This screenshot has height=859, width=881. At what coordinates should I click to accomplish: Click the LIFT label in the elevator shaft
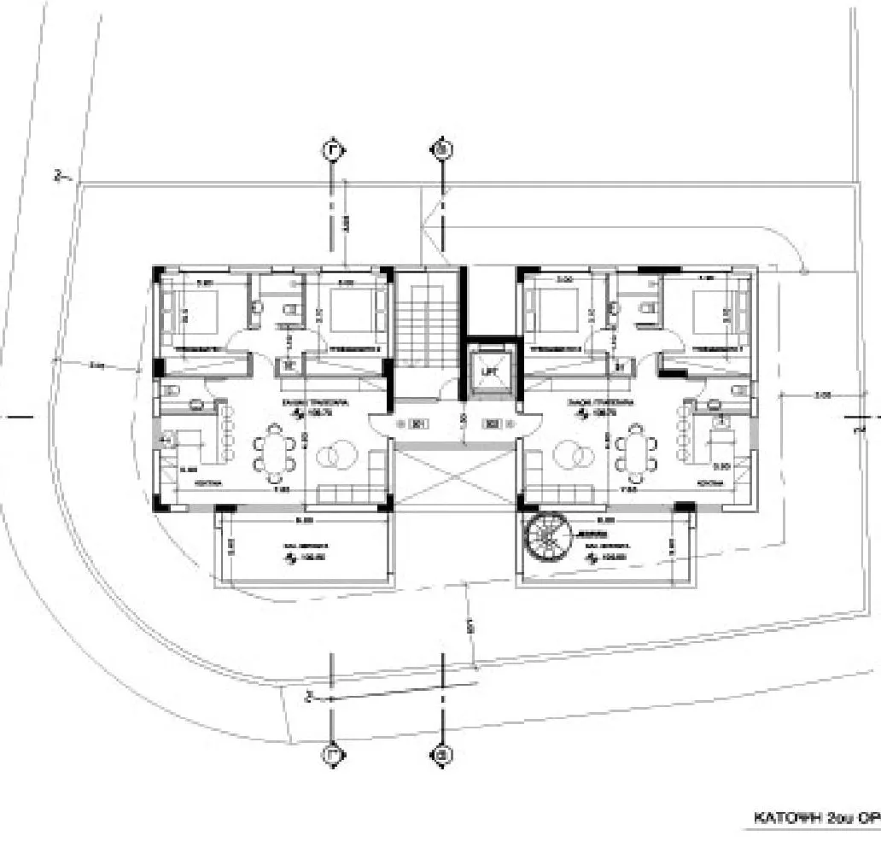coord(490,372)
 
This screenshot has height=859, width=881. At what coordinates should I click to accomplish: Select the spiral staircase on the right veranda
coord(544,535)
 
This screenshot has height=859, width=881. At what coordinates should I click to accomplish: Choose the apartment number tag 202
coord(493,423)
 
